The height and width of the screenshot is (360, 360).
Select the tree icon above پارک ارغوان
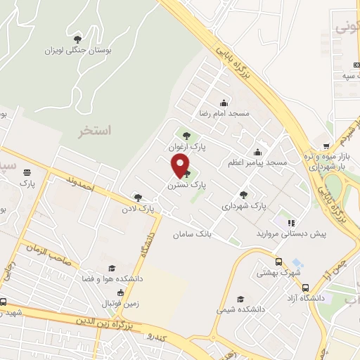(186, 136)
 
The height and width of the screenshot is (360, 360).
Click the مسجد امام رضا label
(224, 113)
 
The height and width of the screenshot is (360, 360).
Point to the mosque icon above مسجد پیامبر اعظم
(258, 152)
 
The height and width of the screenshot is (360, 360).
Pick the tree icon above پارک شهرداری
(243, 195)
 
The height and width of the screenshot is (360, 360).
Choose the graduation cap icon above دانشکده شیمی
(241, 298)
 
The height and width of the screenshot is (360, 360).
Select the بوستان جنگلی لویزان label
(78, 50)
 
